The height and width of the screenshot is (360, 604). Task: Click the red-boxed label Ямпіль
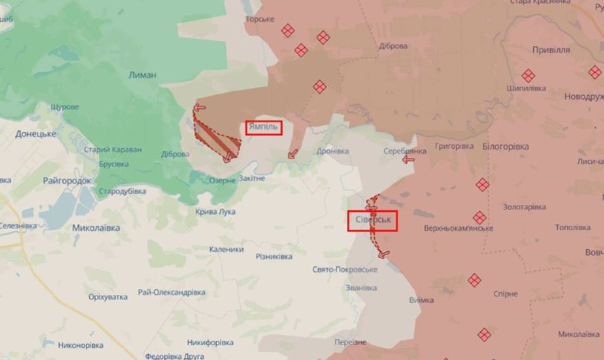tap(263, 128)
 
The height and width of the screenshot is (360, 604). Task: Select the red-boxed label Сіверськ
tap(371, 220)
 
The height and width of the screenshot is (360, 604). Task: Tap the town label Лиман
tap(143, 75)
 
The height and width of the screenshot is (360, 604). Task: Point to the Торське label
tap(260, 18)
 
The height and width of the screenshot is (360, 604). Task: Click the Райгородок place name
tap(67, 181)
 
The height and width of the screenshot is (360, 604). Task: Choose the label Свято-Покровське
tap(344, 269)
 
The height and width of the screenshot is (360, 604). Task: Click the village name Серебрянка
tap(405, 151)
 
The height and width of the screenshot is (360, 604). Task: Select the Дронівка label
tap(333, 151)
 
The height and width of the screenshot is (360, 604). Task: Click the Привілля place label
tap(551, 50)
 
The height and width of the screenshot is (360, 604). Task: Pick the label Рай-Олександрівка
tap(171, 292)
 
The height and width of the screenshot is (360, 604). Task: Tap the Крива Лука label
tap(215, 212)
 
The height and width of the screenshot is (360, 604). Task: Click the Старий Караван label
tap(112, 149)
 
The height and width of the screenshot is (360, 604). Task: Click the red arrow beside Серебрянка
tap(409, 159)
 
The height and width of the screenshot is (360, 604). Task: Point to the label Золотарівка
tap(524, 207)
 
